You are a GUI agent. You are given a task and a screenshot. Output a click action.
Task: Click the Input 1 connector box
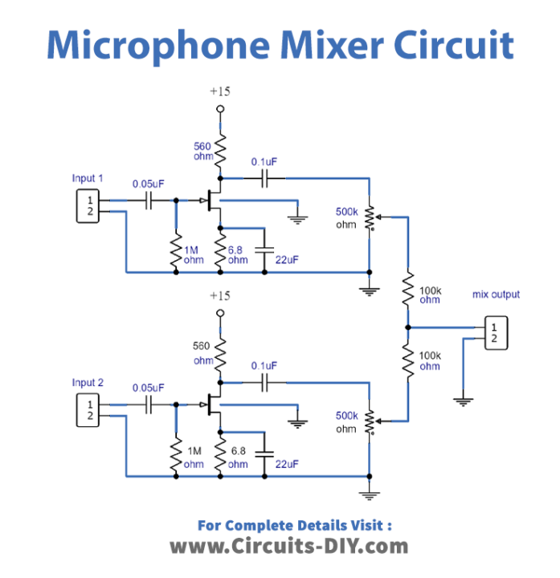pos(90,206)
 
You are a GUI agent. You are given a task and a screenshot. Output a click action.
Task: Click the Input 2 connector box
pos(90,410)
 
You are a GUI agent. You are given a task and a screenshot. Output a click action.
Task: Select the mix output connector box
pos(495,332)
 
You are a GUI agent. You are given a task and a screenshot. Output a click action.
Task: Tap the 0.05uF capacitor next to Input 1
pos(149,201)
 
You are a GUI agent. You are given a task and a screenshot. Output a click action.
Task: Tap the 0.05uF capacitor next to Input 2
pos(149,406)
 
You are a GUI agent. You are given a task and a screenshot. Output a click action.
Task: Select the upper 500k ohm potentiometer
pos(369,217)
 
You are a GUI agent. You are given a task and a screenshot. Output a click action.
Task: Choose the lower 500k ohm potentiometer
pos(369,421)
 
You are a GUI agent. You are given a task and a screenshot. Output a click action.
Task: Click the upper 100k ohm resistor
pos(407,290)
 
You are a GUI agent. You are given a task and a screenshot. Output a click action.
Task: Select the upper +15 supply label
pos(219,92)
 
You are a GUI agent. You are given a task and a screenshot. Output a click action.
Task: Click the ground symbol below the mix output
pos(462,399)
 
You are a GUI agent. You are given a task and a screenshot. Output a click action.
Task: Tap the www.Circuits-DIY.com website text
pos(289,547)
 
